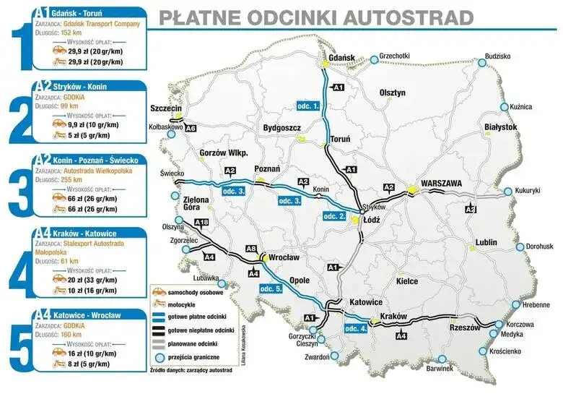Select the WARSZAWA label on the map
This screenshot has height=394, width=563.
click(441, 184)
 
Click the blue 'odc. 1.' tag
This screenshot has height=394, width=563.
click(308, 106)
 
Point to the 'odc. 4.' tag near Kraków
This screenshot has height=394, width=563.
click(357, 329)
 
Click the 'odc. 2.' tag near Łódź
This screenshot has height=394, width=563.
click(335, 216)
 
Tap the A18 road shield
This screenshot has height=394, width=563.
click(202, 222)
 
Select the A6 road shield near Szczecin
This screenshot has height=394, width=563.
click(190, 128)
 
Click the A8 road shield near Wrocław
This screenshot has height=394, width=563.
click(251, 249)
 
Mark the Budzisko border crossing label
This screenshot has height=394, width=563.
click(497, 56)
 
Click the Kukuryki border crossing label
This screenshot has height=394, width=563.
click(527, 191)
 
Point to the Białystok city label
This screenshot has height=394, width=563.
click(501, 127)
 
